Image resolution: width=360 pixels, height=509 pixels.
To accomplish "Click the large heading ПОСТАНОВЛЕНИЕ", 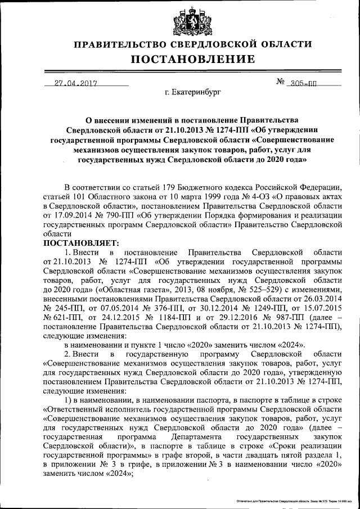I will coord(193,59).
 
